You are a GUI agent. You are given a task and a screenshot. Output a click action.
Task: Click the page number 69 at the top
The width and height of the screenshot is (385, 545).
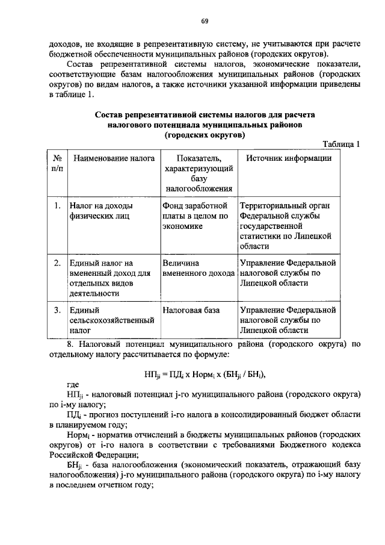(205, 21)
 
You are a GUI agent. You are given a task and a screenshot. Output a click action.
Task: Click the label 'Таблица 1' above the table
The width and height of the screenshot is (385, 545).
(341, 144)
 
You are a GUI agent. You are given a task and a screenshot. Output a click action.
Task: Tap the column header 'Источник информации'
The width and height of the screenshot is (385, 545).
(288, 158)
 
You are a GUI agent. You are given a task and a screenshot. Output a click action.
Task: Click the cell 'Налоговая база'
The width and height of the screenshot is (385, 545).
(191, 310)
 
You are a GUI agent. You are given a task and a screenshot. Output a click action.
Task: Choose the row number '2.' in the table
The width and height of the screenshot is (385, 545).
(57, 263)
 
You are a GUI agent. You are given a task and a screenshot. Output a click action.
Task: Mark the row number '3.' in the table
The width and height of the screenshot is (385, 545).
(57, 310)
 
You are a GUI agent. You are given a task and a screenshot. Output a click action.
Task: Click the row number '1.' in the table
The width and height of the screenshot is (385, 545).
(57, 206)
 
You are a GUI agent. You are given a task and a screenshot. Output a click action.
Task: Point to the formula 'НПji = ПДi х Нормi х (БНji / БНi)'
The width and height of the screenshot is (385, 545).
(205, 373)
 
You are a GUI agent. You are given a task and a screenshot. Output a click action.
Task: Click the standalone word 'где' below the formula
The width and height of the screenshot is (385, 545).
(73, 384)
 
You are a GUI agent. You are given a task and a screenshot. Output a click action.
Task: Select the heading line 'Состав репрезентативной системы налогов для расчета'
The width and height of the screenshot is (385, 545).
(204, 114)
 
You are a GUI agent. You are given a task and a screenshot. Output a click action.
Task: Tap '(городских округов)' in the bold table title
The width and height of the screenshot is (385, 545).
(204, 135)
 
